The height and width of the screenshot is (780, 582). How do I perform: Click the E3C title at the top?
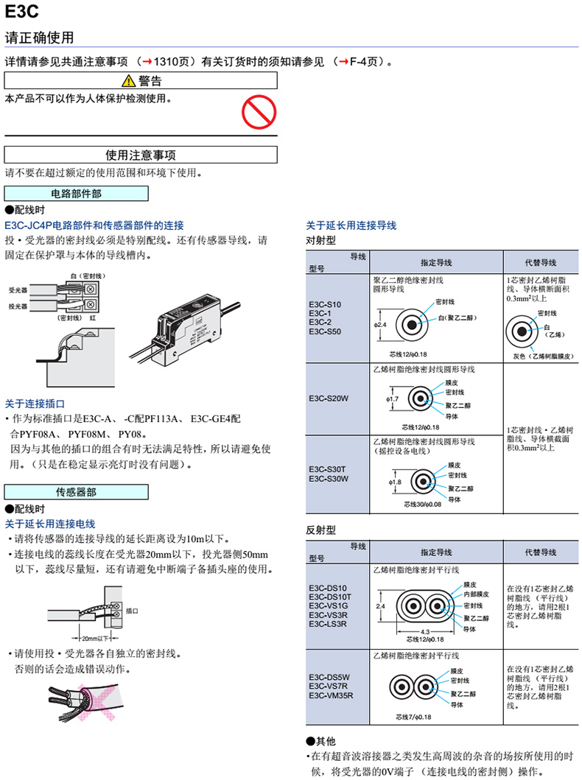coord(21,12)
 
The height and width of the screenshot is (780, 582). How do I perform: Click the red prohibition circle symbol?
coord(259,112)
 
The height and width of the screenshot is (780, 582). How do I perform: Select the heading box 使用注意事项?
coord(141,155)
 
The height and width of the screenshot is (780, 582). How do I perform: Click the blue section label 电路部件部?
coord(77,194)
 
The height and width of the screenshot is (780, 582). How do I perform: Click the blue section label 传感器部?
coord(77,491)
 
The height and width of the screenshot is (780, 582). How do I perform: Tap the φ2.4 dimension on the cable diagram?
coord(380,324)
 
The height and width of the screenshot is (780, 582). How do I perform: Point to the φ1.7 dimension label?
coord(392,398)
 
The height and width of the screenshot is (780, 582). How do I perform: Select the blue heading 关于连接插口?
coord(35,404)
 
